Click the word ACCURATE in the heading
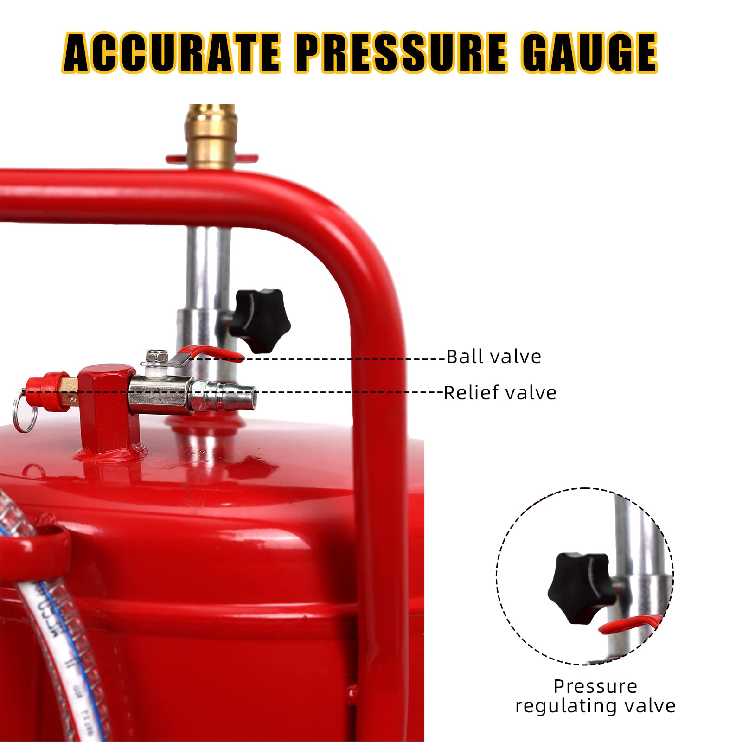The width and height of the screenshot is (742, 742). point(172,52)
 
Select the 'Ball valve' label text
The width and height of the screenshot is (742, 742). point(494,357)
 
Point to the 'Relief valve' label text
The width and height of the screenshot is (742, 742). point(500,393)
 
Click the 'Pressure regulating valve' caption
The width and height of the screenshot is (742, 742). point(595,696)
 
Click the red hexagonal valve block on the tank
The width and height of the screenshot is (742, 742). point(108,408)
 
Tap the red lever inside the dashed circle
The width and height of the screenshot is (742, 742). point(630,624)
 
